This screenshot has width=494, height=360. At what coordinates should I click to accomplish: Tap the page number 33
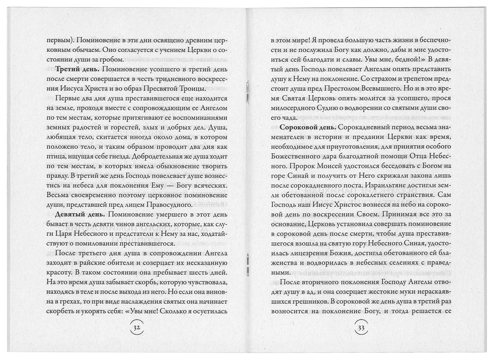(x=361, y=328)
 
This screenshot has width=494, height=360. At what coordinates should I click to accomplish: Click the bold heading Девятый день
(x=79, y=214)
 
